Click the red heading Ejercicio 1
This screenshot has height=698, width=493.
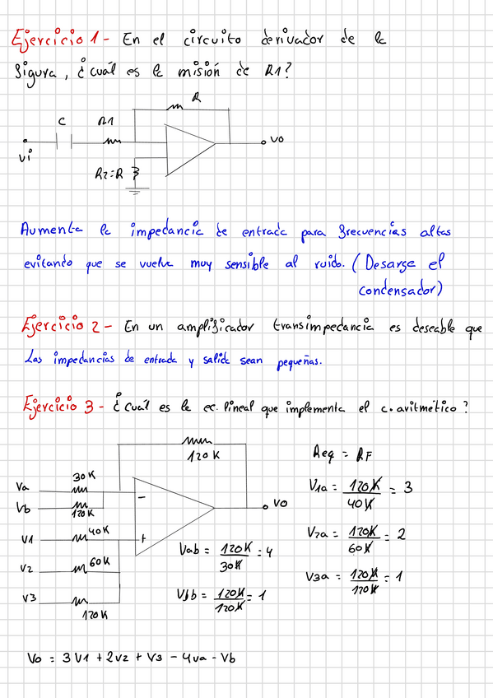tap(56, 38)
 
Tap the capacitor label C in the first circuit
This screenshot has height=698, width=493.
tap(61, 122)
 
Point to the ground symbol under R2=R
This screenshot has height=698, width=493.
tap(133, 190)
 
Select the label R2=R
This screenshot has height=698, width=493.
tap(111, 174)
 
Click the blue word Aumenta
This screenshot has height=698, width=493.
tap(50, 230)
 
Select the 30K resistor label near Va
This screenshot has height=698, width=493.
tap(83, 477)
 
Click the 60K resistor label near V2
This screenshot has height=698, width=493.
tap(100, 561)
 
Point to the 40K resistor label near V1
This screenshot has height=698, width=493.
tap(99, 532)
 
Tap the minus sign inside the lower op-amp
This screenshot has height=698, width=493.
tap(143, 497)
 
